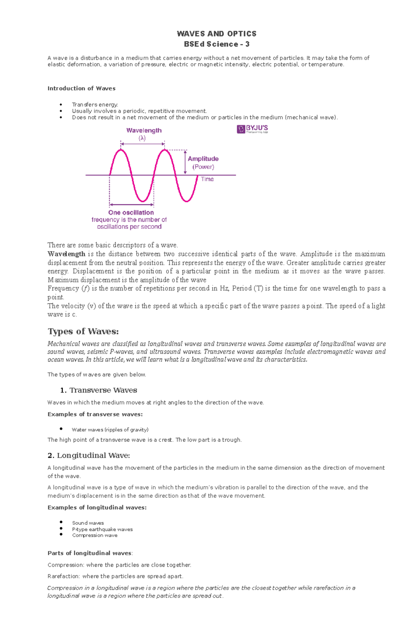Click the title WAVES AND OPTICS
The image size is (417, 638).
point(216,34)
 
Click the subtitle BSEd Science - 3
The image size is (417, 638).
point(216,44)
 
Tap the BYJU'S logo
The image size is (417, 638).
point(252,129)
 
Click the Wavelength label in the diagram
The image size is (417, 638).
point(144,130)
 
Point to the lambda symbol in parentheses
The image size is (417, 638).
point(142,138)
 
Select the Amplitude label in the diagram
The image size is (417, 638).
point(203,159)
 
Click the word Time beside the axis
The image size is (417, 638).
point(207,179)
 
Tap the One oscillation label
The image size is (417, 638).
point(131,212)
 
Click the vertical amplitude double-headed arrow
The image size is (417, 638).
point(185,162)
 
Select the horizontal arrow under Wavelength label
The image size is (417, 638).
point(142,144)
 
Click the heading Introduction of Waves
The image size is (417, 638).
point(81,88)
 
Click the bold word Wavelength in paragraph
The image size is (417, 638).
point(66,254)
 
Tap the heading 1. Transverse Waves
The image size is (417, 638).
point(99,390)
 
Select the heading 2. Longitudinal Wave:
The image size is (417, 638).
point(89,455)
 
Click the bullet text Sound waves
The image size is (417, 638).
point(88,523)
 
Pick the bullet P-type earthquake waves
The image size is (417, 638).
point(102,529)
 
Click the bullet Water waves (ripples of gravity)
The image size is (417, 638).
point(110,430)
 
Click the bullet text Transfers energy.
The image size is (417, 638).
point(95,105)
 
